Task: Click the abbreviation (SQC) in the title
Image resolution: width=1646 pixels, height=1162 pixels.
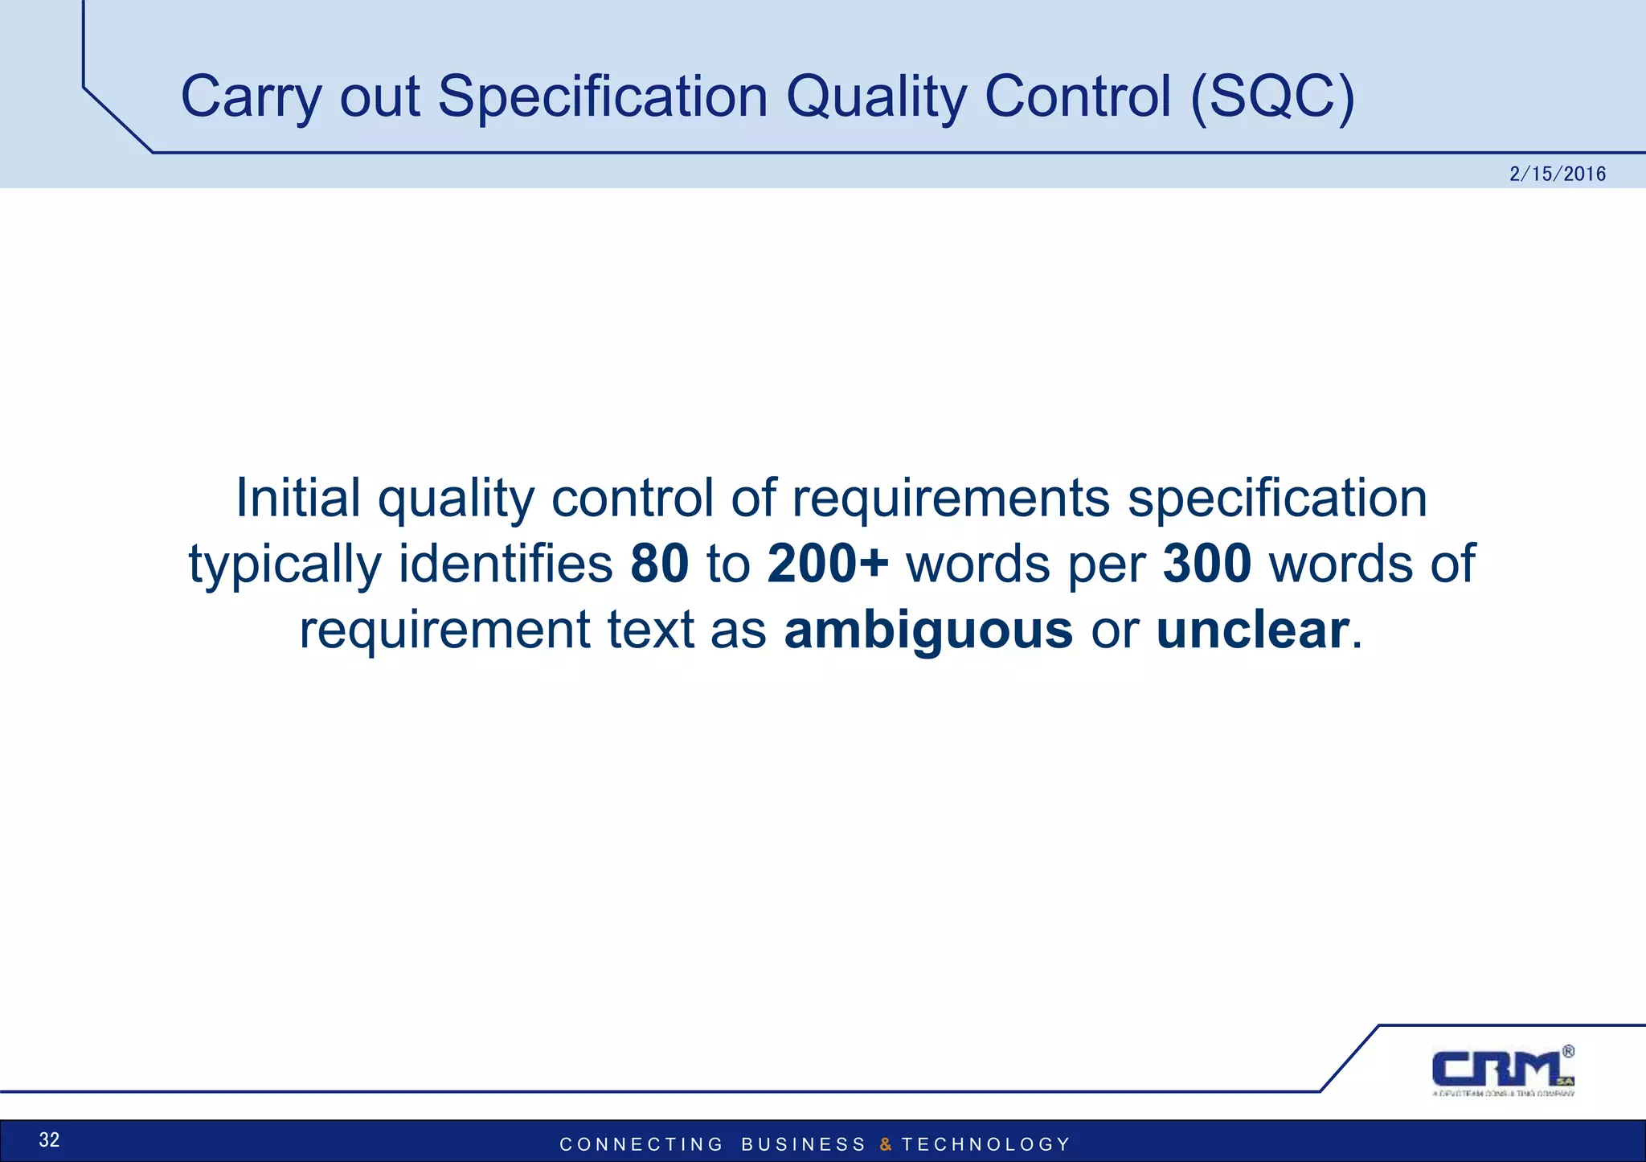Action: click(x=1272, y=97)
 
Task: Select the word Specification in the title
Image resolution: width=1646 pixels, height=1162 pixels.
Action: click(x=603, y=97)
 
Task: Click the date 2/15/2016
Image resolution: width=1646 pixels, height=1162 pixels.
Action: click(x=1557, y=175)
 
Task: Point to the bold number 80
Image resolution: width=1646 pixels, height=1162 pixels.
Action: click(x=659, y=563)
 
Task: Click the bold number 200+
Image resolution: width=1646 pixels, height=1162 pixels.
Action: click(x=828, y=563)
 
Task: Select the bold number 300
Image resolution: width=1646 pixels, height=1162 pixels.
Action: click(x=1206, y=563)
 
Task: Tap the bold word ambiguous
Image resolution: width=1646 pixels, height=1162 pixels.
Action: click(x=928, y=630)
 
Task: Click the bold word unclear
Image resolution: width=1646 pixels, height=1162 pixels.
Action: click(x=1252, y=630)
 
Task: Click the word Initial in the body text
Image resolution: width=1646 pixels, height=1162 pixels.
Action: click(x=297, y=498)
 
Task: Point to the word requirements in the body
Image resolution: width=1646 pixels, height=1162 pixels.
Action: click(x=951, y=498)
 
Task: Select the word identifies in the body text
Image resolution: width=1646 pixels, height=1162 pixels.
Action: click(x=506, y=563)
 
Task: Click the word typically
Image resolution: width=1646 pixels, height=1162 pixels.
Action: click(x=285, y=563)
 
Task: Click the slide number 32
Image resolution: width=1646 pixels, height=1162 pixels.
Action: click(x=49, y=1139)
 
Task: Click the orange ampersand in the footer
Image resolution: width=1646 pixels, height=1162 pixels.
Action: click(x=885, y=1144)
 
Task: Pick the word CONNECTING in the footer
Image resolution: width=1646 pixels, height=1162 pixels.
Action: click(x=641, y=1144)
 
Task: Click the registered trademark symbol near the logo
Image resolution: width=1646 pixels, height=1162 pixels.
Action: click(x=1568, y=1051)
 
